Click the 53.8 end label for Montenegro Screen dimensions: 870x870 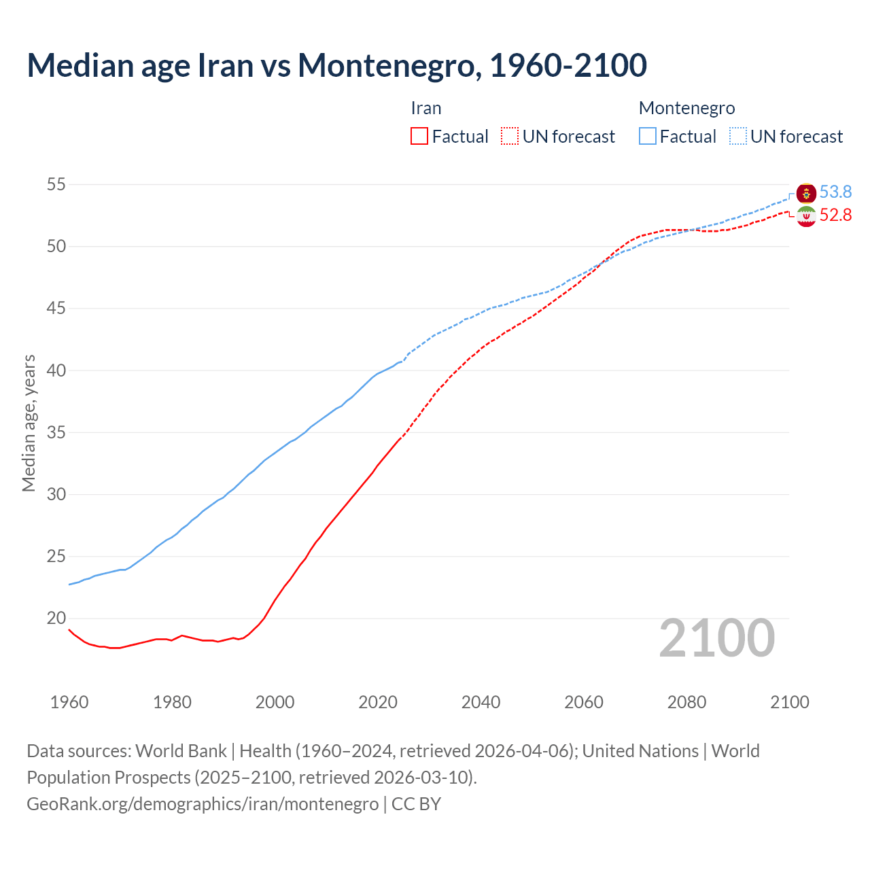click(835, 192)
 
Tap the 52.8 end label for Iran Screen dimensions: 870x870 click(835, 215)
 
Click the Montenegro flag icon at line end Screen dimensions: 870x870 click(806, 193)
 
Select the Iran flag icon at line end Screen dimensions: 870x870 click(806, 217)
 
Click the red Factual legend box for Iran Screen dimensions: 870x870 click(419, 137)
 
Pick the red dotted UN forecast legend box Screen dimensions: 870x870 click(510, 137)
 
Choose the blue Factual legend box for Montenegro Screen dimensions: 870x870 click(648, 137)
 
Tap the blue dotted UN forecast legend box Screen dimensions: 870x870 click(738, 137)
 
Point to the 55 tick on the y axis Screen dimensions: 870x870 click(56, 184)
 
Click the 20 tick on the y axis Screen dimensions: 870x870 click(56, 619)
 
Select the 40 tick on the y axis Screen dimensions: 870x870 click(56, 370)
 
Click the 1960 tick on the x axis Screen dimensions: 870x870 click(69, 702)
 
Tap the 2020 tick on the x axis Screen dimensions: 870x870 click(378, 702)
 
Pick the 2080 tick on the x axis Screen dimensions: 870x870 click(686, 702)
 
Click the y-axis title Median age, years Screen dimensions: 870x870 click(29, 423)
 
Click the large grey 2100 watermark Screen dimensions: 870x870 click(716, 638)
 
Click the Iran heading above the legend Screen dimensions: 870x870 click(426, 108)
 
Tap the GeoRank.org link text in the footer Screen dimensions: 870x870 click(203, 804)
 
